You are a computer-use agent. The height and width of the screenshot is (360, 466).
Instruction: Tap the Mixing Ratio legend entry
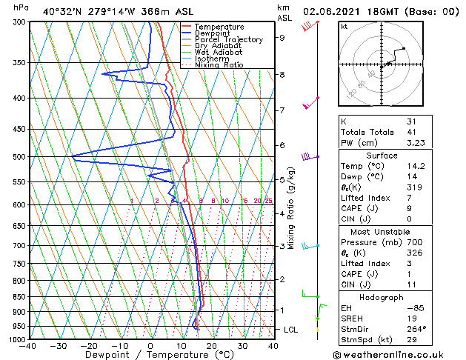219,65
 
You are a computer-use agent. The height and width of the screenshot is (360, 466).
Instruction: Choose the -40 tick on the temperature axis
28,345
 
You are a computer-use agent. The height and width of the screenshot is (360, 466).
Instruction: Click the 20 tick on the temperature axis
211,345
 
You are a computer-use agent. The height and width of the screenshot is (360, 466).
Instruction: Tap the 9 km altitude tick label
282,37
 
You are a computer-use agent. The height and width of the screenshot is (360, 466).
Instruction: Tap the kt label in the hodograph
344,26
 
